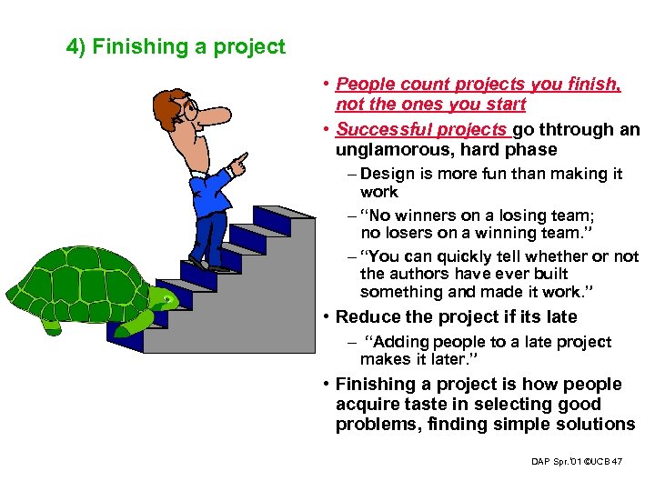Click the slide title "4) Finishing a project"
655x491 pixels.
pyautogui.click(x=176, y=46)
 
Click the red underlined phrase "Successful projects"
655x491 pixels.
pyautogui.click(x=422, y=129)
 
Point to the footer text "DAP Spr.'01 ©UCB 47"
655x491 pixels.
pyautogui.click(x=577, y=462)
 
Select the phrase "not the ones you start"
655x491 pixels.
pyautogui.click(x=430, y=105)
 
